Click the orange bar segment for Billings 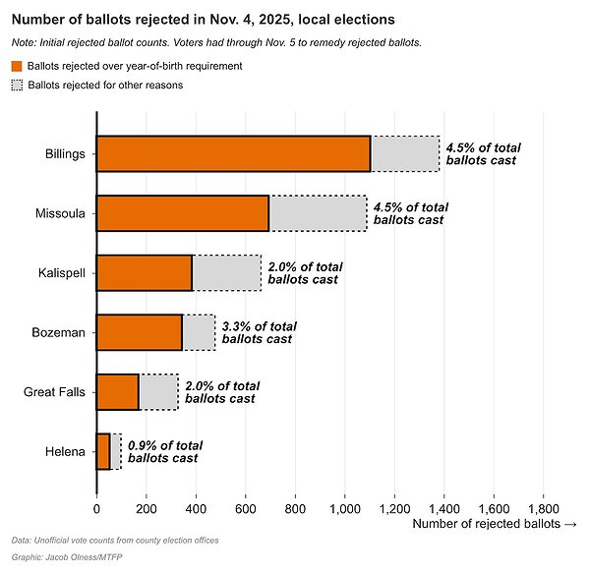pyautogui.click(x=234, y=153)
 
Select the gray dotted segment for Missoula pyautogui.click(x=318, y=213)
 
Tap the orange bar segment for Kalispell pyautogui.click(x=145, y=273)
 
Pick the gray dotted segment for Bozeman pyautogui.click(x=199, y=332)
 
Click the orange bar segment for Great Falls pyautogui.click(x=118, y=392)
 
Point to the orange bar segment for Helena pyautogui.click(x=103, y=451)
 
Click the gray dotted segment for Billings pyautogui.click(x=405, y=153)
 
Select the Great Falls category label pyautogui.click(x=54, y=392)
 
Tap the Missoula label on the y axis pyautogui.click(x=60, y=213)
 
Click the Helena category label pyautogui.click(x=65, y=451)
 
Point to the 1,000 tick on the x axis pyautogui.click(x=345, y=509)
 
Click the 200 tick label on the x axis pyautogui.click(x=147, y=509)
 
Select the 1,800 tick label pyautogui.click(x=544, y=509)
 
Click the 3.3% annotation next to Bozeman pyautogui.click(x=260, y=332)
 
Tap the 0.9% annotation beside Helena pyautogui.click(x=165, y=452)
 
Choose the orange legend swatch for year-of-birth pyautogui.click(x=17, y=66)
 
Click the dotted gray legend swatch pyautogui.click(x=17, y=85)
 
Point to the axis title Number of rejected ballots pyautogui.click(x=486, y=524)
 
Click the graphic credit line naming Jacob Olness pyautogui.click(x=67, y=557)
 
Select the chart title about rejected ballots pyautogui.click(x=204, y=20)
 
